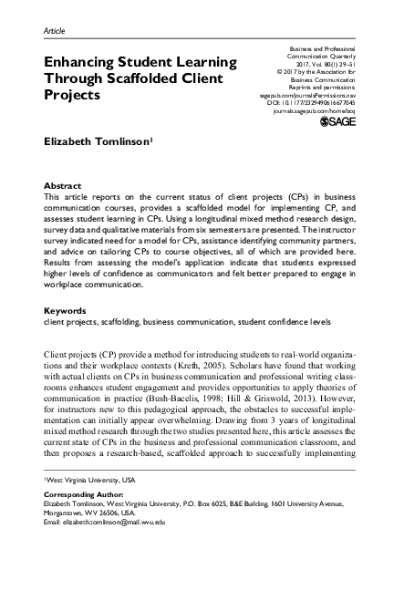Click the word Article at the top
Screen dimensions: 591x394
pos(54,30)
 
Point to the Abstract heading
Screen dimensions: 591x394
pos(62,184)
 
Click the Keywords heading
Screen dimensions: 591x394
pos(67,311)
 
